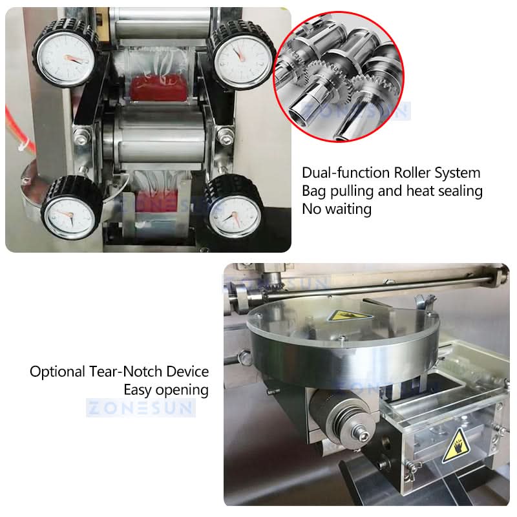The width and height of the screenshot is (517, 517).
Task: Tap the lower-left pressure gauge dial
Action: tap(69, 216)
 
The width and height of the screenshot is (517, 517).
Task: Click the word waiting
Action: tap(348, 209)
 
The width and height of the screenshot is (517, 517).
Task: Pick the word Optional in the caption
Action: tap(58, 372)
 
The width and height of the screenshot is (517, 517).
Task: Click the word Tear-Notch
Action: tap(126, 372)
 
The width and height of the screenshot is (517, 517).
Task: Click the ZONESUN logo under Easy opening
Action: tap(141, 408)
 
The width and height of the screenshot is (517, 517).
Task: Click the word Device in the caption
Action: tap(187, 372)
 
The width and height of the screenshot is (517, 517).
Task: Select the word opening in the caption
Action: tap(182, 390)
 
